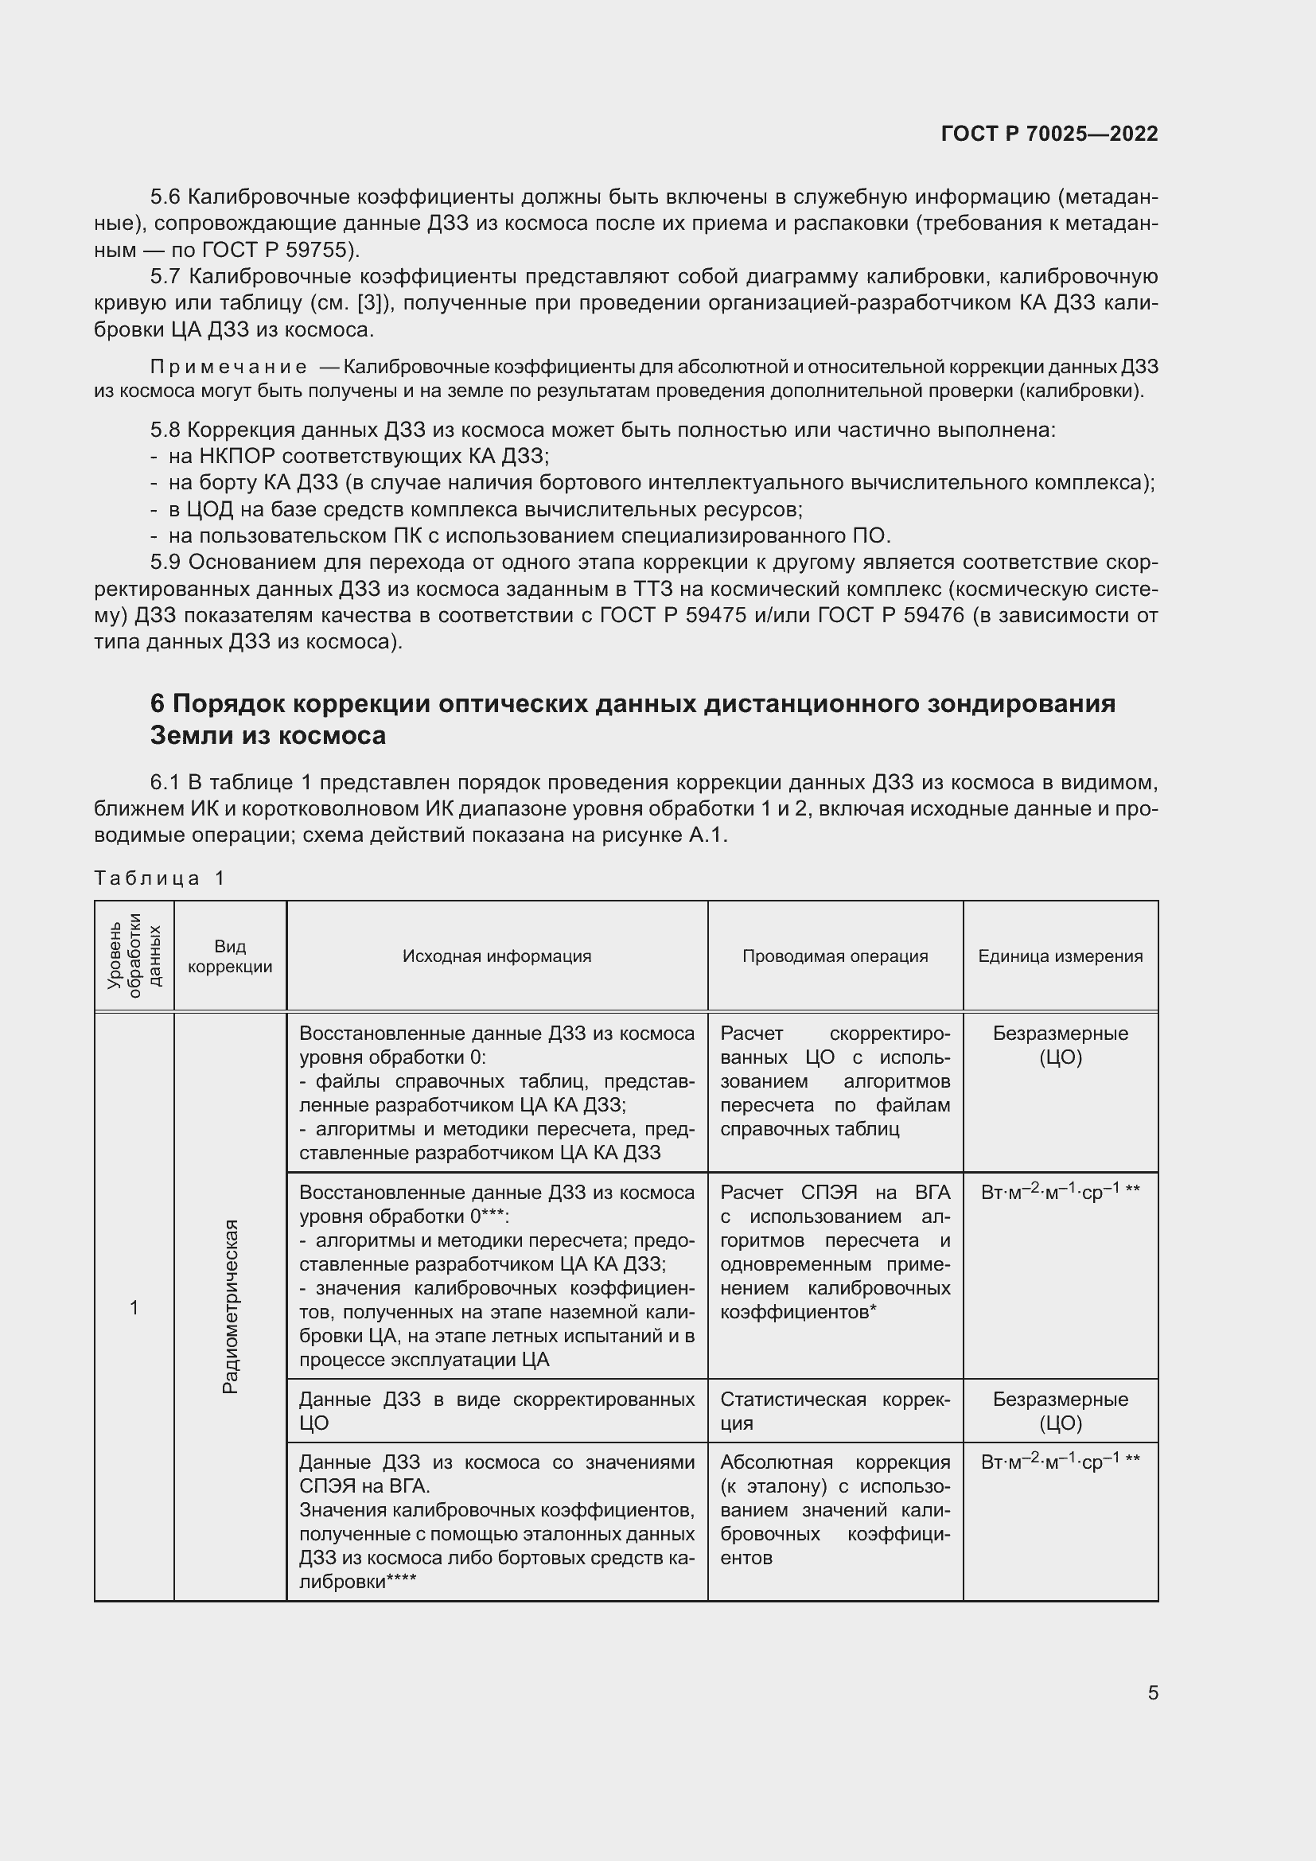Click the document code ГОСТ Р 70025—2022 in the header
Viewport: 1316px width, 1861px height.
(1049, 134)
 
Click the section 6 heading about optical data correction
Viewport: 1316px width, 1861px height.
(632, 719)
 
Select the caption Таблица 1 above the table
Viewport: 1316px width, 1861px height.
(160, 878)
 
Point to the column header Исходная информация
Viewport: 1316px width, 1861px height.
(496, 956)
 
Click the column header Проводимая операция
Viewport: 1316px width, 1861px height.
(835, 956)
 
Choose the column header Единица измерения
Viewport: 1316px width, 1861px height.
(1060, 956)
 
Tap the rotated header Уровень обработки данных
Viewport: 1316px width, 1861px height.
(134, 956)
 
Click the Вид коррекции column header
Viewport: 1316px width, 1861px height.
(230, 956)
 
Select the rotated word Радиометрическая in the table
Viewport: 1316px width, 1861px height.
(230, 1306)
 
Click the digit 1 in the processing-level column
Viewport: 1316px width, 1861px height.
(134, 1306)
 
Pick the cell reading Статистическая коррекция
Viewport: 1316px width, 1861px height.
(835, 1411)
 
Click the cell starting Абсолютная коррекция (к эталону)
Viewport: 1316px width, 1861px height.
(835, 1509)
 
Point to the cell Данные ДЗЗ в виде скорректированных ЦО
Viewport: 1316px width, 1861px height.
(496, 1411)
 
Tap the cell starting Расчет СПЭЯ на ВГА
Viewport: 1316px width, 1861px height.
(835, 1252)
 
